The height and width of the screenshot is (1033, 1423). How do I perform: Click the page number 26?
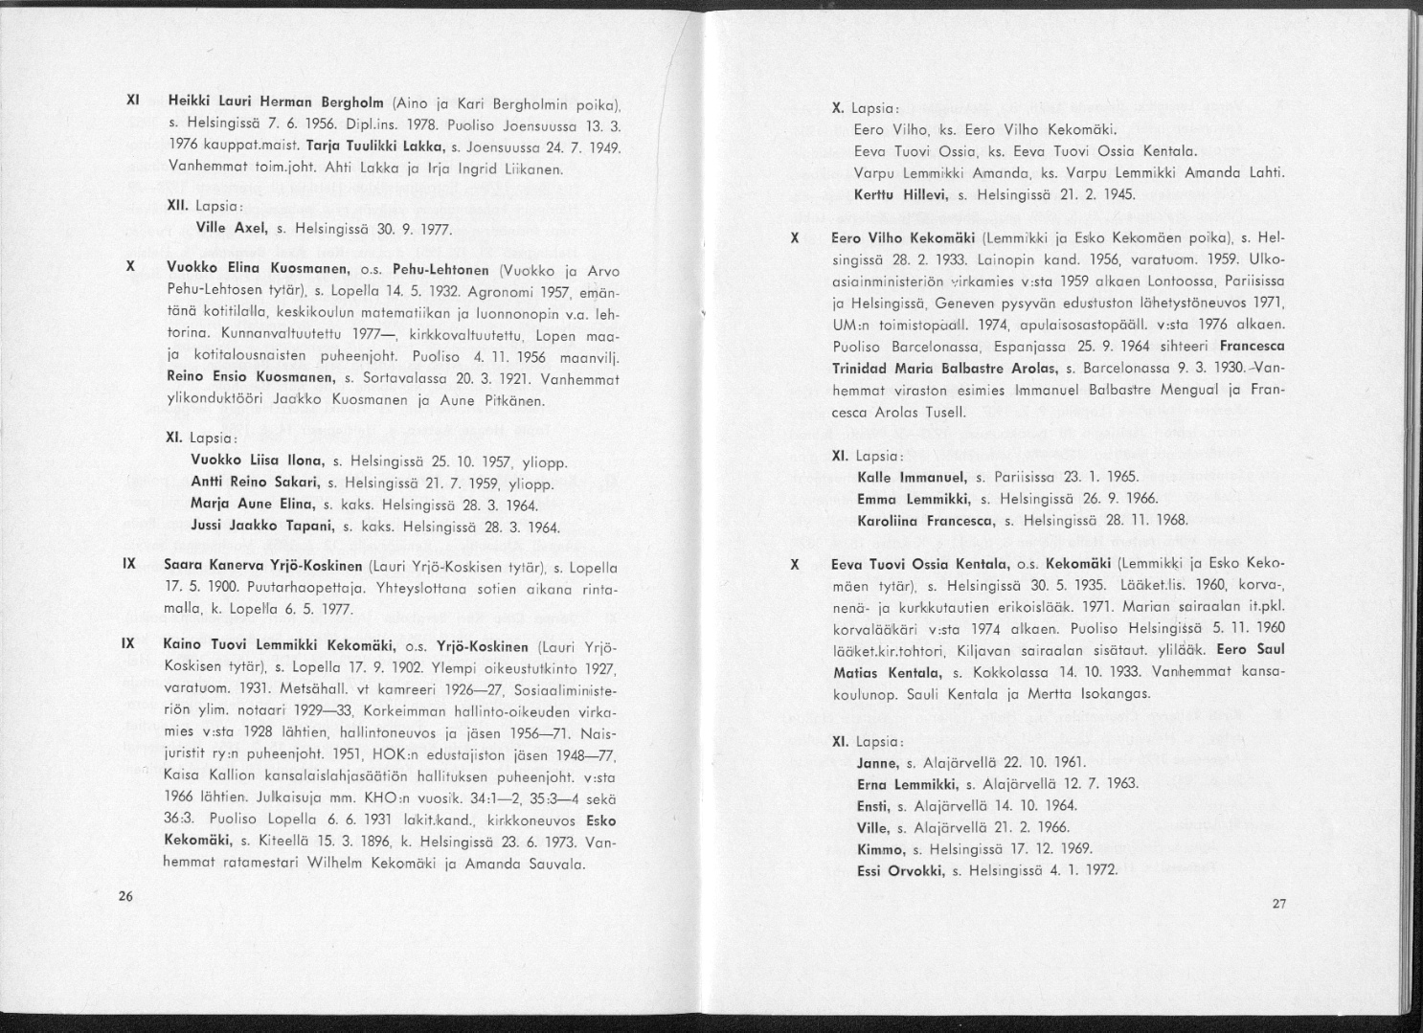pyautogui.click(x=125, y=896)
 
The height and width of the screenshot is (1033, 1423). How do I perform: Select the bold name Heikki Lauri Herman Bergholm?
pyautogui.click(x=276, y=101)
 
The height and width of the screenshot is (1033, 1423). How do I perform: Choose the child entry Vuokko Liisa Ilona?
pyautogui.click(x=256, y=459)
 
